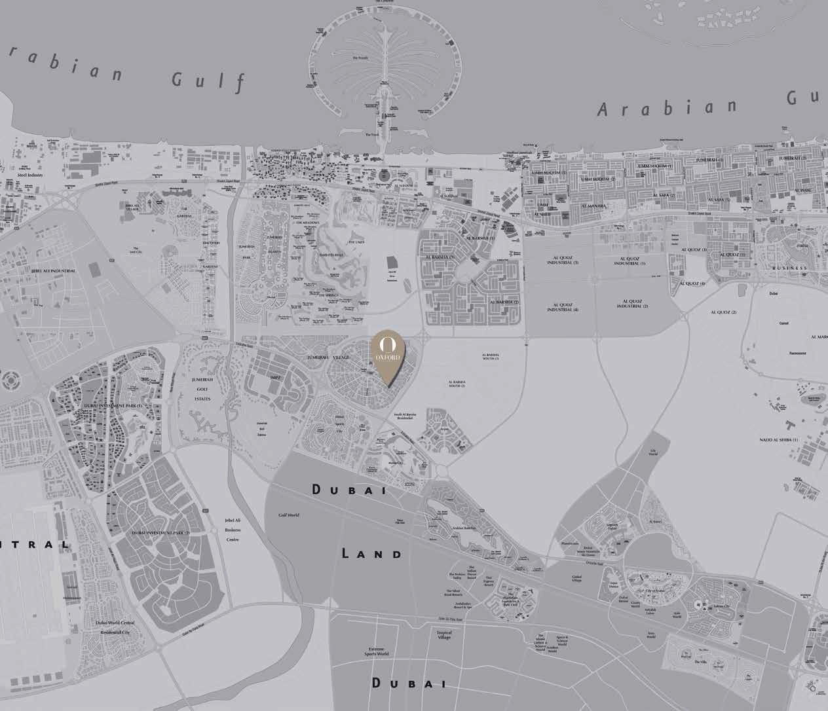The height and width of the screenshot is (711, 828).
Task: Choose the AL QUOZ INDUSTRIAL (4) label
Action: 565,307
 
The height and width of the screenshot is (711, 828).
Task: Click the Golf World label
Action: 289,515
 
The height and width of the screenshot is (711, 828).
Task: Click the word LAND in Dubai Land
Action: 371,554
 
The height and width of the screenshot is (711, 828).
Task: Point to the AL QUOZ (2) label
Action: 724,312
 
